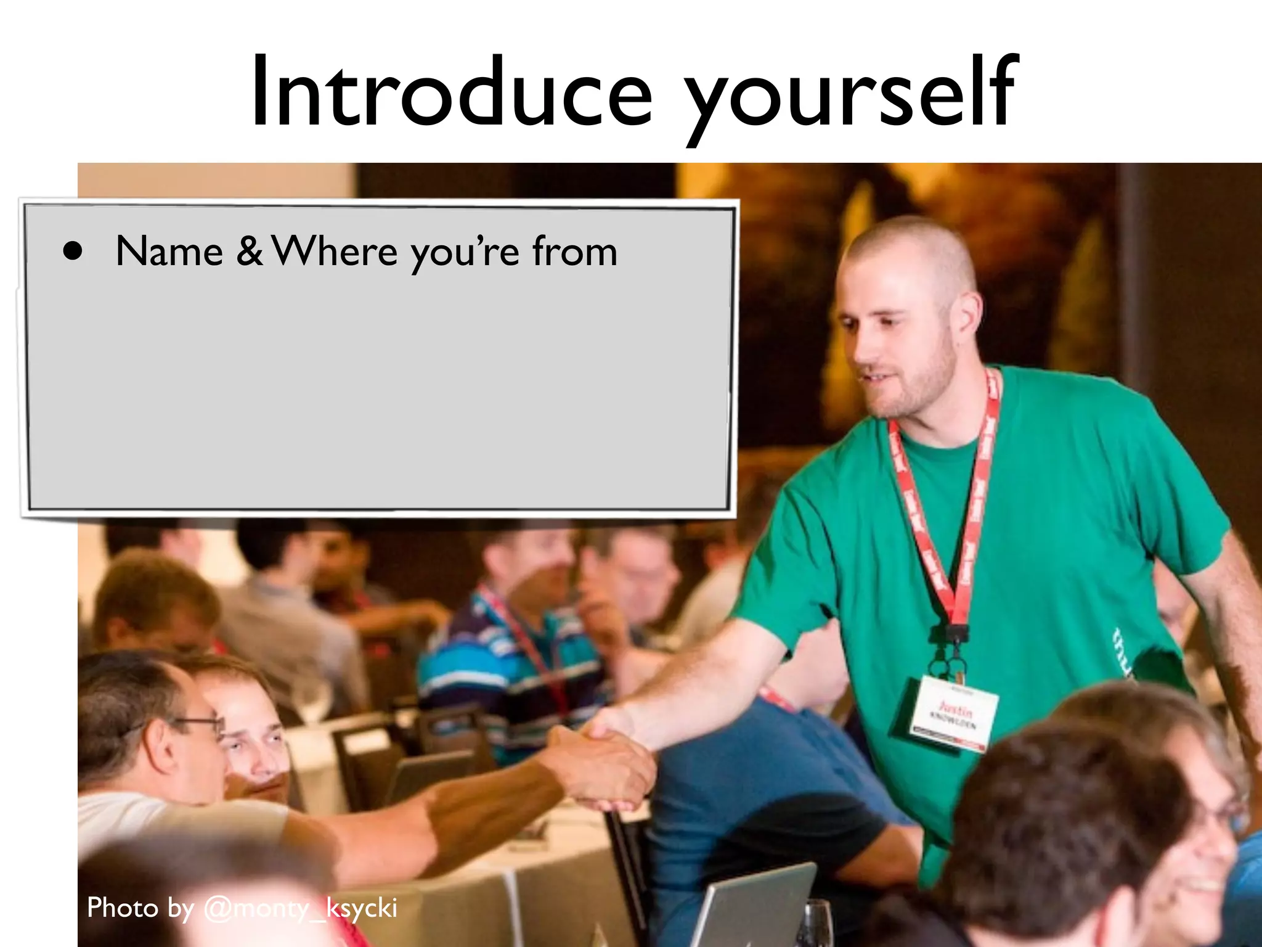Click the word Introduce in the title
[450, 92]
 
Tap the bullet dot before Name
[73, 252]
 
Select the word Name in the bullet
[169, 252]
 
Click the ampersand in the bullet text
[249, 252]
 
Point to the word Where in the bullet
[335, 252]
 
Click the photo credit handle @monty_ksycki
[300, 908]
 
